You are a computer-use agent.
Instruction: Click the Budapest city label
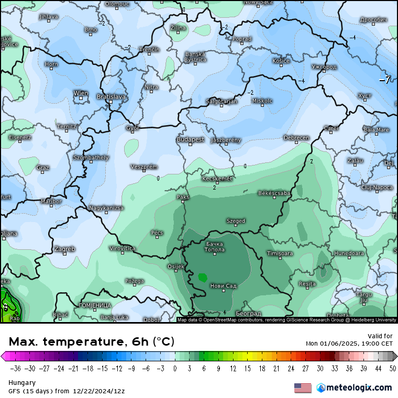[190, 139]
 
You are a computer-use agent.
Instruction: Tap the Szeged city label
[236, 221]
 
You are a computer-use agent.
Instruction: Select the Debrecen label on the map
[296, 138]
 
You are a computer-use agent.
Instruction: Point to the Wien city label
[81, 93]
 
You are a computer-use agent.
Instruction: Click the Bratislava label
[111, 96]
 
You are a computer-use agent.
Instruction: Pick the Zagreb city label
[65, 249]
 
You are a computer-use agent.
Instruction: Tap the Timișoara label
[280, 253]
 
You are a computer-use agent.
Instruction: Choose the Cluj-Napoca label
[377, 187]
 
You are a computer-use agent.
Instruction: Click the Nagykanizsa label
[106, 208]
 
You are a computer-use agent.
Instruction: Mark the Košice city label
[281, 61]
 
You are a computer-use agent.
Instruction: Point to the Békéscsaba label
[274, 193]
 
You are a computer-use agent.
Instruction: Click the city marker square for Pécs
[158, 238]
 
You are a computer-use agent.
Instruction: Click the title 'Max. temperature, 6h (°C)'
[91, 342]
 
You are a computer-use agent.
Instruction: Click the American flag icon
[303, 388]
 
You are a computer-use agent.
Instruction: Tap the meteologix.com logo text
[359, 388]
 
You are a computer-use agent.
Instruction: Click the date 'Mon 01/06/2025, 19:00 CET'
[349, 344]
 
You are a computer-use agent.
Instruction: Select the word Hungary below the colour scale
[22, 383]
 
